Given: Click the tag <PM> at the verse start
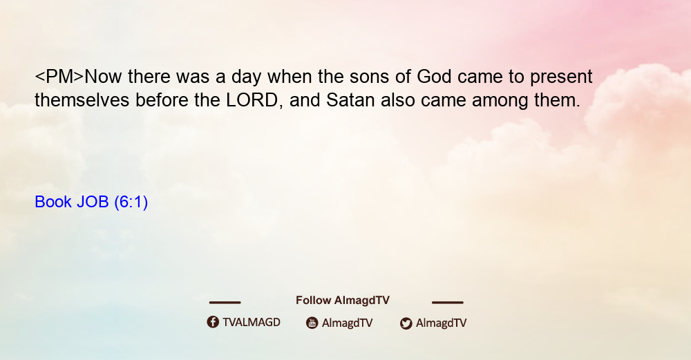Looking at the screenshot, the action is click(x=59, y=77).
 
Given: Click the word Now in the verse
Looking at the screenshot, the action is click(x=103, y=77).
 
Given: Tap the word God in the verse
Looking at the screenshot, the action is click(x=434, y=77).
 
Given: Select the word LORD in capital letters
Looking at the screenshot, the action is click(x=252, y=100).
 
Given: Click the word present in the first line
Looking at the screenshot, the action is click(x=561, y=77).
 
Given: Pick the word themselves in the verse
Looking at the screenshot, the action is click(x=82, y=100).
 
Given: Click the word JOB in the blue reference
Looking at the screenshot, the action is click(x=93, y=202).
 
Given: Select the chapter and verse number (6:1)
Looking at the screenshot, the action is click(x=131, y=202).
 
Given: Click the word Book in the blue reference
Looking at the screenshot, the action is click(x=53, y=202).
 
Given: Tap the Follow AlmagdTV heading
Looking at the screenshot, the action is click(x=343, y=301).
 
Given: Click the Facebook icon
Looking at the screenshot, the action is click(x=213, y=322).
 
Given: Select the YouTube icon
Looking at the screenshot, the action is click(x=312, y=323).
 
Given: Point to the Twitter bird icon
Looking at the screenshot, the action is click(x=406, y=323).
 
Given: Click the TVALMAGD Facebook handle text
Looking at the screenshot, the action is click(x=252, y=323).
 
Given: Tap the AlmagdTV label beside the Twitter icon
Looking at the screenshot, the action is click(x=441, y=323).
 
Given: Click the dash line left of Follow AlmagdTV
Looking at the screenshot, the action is click(x=225, y=303).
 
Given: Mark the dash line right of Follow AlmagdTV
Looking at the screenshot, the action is click(x=447, y=303).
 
